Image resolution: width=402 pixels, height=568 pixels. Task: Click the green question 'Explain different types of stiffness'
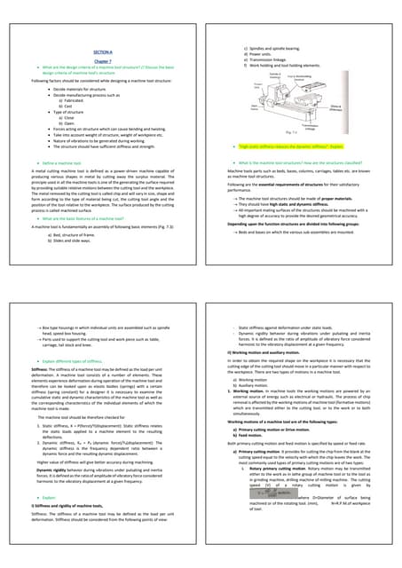68,363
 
